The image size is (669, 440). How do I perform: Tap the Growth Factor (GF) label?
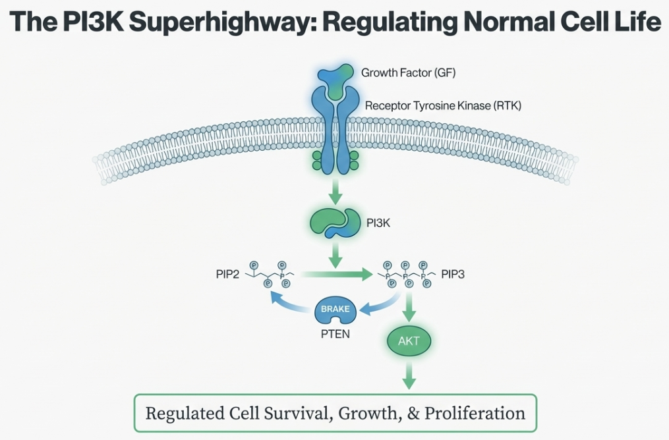coord(408,72)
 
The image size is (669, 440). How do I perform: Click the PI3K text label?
coord(378,223)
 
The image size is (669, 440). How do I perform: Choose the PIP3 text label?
coord(453,274)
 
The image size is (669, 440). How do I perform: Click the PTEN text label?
coord(335,333)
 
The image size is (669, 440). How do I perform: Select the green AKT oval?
coord(409,341)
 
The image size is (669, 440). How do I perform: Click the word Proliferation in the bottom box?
coord(475,414)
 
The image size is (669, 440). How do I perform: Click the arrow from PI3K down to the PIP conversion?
coord(335,254)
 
